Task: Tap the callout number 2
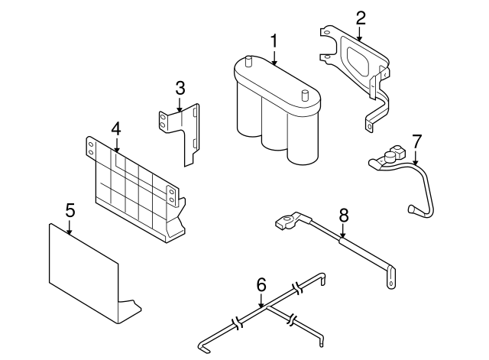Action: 361,16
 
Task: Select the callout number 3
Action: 180,88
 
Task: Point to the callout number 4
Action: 115,128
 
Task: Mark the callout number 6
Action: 261,284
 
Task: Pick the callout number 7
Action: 416,141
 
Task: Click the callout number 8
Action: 343,215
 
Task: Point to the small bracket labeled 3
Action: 183,130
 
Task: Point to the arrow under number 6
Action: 261,300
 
